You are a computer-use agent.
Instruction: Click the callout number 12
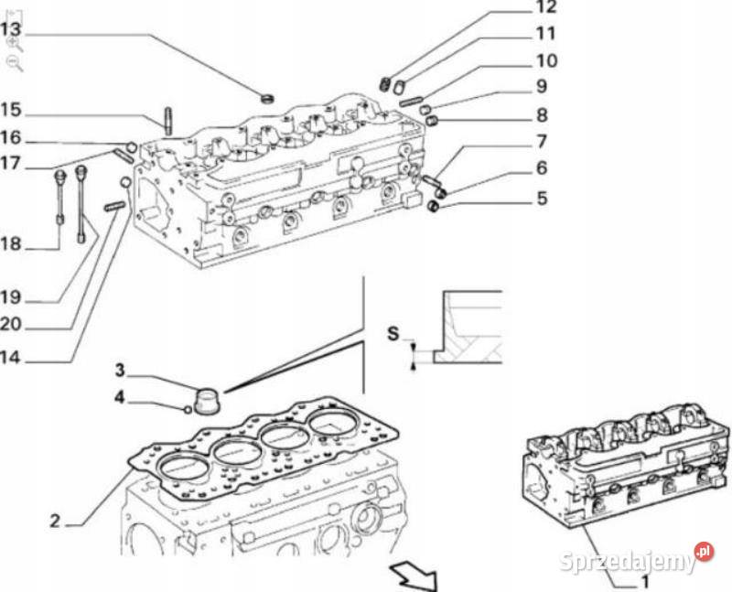(546, 8)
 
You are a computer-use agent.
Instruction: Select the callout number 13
(10, 29)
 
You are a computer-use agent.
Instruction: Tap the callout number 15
(10, 111)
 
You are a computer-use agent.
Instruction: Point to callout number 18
(10, 245)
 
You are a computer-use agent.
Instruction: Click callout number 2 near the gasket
(55, 522)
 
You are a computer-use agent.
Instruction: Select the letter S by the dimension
(393, 335)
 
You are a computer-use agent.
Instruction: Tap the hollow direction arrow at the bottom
(413, 577)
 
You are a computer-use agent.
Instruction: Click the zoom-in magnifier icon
(14, 43)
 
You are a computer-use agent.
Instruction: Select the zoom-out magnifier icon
(14, 62)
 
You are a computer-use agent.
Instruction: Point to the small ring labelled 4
(188, 409)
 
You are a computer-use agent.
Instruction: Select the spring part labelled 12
(385, 83)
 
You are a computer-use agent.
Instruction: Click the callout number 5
(542, 197)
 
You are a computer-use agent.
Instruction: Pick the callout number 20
(10, 324)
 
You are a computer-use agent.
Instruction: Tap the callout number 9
(542, 87)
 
